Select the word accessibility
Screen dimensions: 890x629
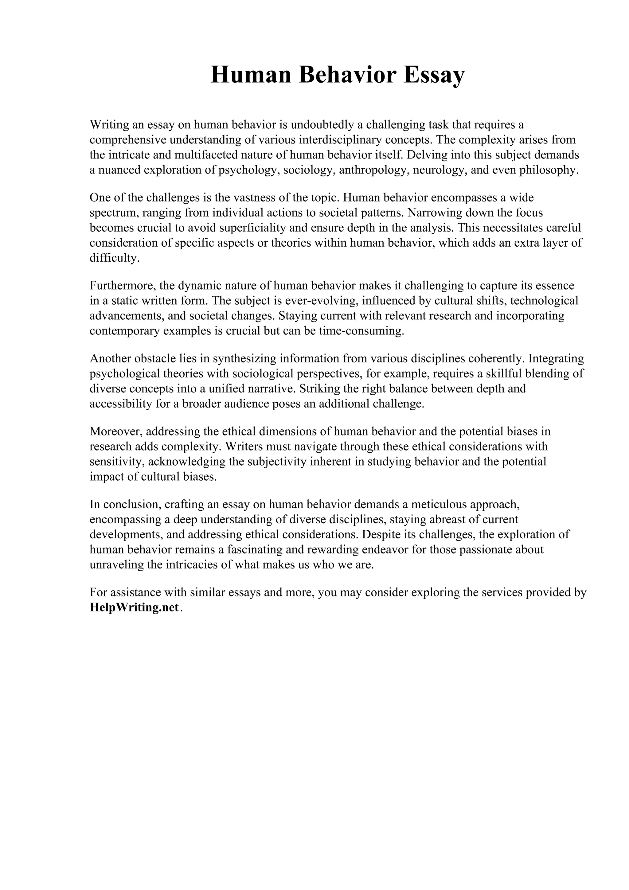coord(120,404)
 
